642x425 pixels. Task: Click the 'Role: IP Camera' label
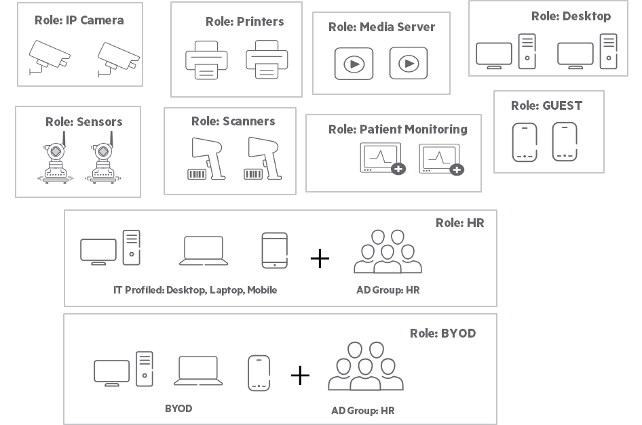[79, 20]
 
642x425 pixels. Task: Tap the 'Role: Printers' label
[245, 22]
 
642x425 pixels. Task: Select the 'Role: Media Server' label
[382, 27]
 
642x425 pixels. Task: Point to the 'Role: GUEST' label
[546, 105]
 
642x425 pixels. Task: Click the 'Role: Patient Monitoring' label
[398, 129]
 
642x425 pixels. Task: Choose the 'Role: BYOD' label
[442, 333]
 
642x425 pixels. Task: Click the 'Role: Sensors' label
[84, 122]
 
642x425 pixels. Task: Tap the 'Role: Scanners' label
[233, 121]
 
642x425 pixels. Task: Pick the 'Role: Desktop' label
[571, 16]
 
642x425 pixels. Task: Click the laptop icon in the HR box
[204, 250]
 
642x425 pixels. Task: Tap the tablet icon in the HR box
[274, 250]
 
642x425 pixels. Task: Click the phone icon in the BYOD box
[259, 373]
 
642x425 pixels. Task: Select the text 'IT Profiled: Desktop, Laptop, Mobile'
[195, 290]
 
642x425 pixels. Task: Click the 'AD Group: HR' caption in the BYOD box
[362, 411]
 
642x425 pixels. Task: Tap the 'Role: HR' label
[460, 222]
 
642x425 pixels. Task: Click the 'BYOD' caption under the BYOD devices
[178, 409]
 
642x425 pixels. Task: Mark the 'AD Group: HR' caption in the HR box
[388, 290]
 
